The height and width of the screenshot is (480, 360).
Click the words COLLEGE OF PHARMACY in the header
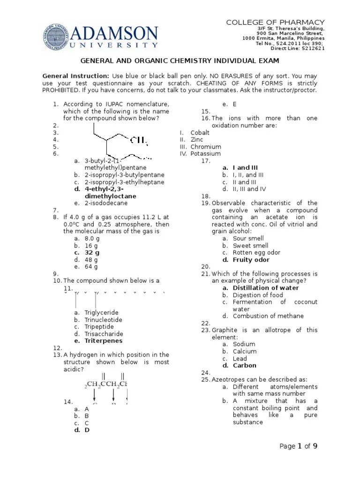(x=276, y=22)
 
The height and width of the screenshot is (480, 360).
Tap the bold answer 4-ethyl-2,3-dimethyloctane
(x=111, y=192)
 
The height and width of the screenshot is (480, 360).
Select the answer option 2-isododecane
(x=106, y=203)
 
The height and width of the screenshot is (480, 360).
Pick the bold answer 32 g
(x=92, y=252)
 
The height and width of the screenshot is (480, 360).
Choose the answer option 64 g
(x=91, y=267)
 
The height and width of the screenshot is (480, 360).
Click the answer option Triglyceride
(x=101, y=313)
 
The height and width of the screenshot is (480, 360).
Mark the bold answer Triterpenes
(x=104, y=341)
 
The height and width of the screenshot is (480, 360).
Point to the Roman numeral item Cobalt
(x=200, y=133)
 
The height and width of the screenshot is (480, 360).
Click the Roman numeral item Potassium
(x=205, y=154)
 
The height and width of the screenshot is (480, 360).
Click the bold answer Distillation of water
(x=266, y=288)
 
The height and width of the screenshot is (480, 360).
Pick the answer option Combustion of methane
(x=268, y=316)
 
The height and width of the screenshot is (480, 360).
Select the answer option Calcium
(x=245, y=352)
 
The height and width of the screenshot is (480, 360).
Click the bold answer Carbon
(x=245, y=366)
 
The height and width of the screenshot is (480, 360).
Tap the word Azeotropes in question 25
(x=229, y=379)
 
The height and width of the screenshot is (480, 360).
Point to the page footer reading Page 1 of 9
(x=299, y=446)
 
